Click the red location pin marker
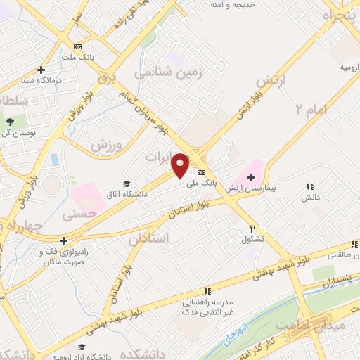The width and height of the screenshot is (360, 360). click(181, 165)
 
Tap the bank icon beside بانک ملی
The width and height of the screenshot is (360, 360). click(202, 172)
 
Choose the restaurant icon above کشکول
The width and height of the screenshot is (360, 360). click(253, 229)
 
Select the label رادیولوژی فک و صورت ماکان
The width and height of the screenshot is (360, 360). click(64, 256)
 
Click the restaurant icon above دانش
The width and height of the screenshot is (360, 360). click(309, 186)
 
